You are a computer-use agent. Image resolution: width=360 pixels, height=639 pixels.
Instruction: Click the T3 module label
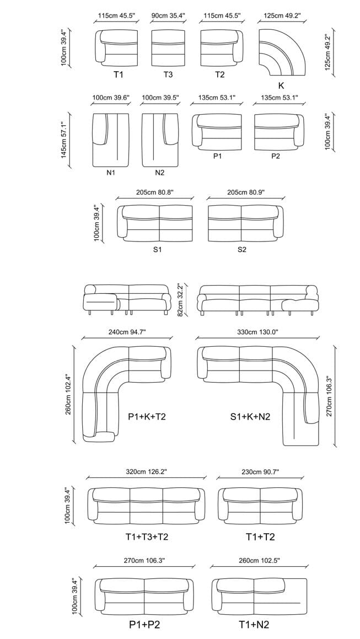[168, 74]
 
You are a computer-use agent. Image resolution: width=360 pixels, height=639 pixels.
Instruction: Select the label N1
[111, 173]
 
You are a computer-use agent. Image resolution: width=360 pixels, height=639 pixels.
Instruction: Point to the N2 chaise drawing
[159, 139]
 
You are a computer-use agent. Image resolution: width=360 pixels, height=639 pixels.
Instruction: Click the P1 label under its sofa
[218, 157]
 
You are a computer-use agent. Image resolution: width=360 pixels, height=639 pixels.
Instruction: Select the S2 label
[242, 250]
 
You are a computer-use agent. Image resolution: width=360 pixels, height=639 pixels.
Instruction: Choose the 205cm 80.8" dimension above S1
[155, 193]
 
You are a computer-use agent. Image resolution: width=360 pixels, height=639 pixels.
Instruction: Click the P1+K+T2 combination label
[147, 417]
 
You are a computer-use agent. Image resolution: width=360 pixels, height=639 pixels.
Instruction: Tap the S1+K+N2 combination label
[250, 417]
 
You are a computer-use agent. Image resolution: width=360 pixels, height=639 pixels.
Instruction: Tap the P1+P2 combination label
[144, 625]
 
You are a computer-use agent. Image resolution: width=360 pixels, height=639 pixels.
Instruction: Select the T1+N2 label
[254, 625]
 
